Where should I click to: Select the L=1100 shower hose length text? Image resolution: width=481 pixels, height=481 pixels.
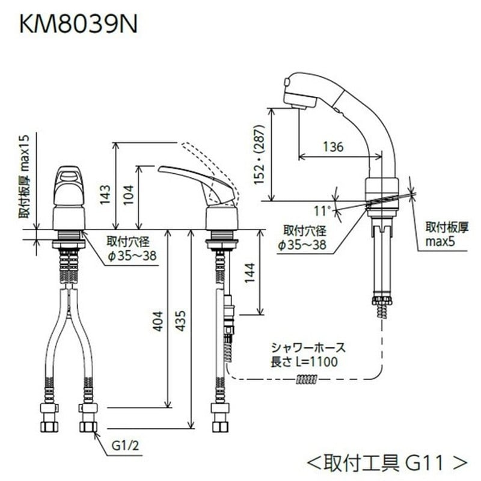click(313, 361)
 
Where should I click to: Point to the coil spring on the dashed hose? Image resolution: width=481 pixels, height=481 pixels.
click(307, 379)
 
